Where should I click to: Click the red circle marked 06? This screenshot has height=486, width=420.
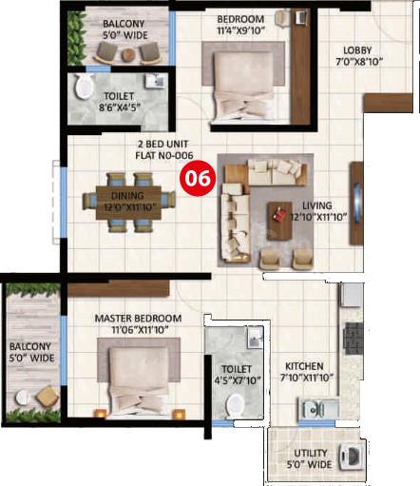[x=198, y=177]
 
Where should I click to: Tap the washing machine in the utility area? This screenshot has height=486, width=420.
[x=352, y=457]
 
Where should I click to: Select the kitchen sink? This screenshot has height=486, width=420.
[x=318, y=409]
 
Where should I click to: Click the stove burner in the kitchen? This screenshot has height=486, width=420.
[x=353, y=339]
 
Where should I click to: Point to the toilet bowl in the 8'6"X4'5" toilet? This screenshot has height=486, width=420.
[x=84, y=86]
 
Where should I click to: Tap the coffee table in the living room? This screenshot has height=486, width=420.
[x=279, y=221]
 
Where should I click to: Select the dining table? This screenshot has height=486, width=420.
[x=128, y=203]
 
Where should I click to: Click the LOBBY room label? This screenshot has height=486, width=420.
[x=357, y=50]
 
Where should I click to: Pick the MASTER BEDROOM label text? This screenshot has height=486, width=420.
[x=138, y=318]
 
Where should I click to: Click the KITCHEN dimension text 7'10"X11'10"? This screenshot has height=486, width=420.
[x=307, y=378]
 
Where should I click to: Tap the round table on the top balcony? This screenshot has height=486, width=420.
[x=128, y=55]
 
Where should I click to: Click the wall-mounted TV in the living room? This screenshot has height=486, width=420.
[x=356, y=203]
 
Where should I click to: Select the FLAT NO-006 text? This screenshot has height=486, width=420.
[x=164, y=155]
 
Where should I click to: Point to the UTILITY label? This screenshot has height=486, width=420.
[x=311, y=453]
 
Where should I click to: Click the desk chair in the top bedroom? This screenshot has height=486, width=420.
[x=282, y=17]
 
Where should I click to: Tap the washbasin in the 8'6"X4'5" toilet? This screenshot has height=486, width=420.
[x=155, y=81]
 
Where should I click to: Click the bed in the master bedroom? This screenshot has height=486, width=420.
[x=139, y=380]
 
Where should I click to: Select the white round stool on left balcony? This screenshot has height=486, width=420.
[x=23, y=398]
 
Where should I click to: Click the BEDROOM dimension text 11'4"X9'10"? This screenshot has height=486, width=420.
[x=240, y=30]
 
